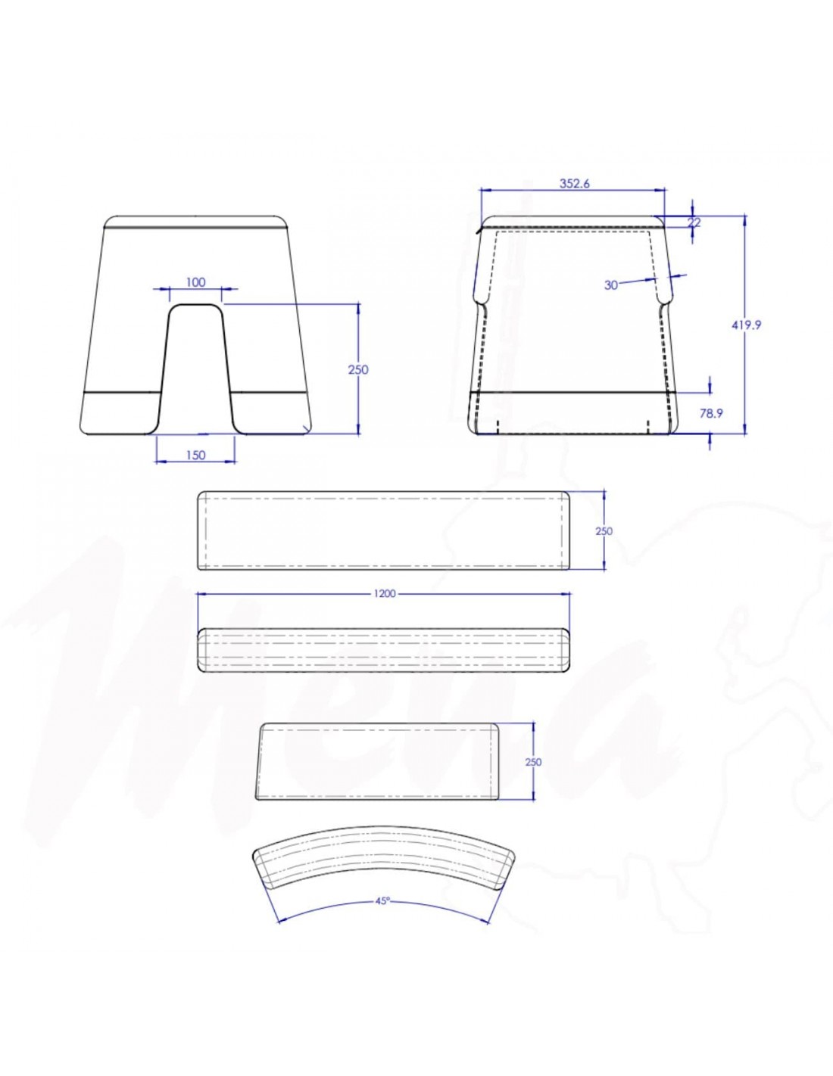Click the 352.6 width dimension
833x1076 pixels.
574,183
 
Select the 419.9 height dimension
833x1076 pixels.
746,325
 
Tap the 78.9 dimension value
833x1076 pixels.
711,413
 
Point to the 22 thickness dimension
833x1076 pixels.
694,222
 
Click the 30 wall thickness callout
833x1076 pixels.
611,285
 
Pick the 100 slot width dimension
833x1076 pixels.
195,282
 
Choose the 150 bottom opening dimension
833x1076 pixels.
195,455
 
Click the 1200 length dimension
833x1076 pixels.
384,594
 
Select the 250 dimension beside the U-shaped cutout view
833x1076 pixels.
358,369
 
